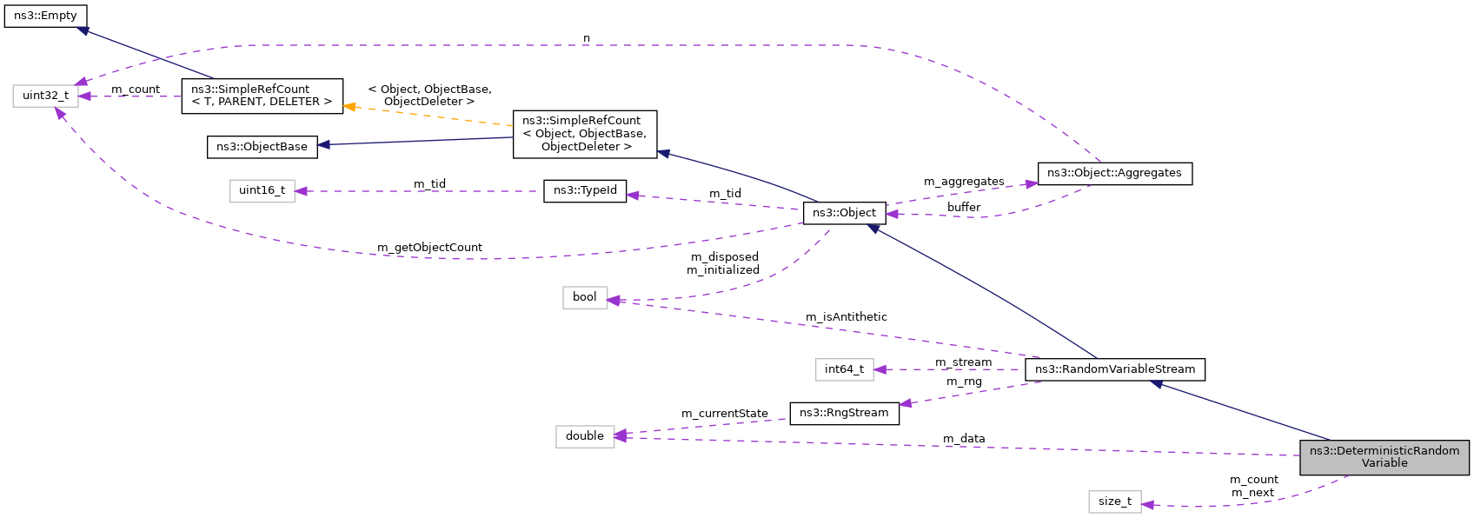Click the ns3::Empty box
click(45, 16)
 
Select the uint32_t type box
click(45, 96)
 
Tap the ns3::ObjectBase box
click(262, 147)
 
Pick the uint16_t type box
click(262, 190)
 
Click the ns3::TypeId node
click(585, 190)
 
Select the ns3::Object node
click(844, 213)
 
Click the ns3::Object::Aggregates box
click(1114, 173)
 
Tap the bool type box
click(584, 297)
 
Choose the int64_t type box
click(844, 369)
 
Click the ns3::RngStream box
click(844, 413)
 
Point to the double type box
click(584, 436)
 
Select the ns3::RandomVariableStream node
click(1114, 369)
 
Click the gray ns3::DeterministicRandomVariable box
click(1384, 457)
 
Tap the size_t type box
click(1114, 501)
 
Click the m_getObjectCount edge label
click(429, 248)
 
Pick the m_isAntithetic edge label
click(846, 317)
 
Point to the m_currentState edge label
click(724, 414)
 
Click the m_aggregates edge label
click(963, 182)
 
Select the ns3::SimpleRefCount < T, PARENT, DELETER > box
click(262, 96)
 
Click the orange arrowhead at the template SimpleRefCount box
click(349, 107)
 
